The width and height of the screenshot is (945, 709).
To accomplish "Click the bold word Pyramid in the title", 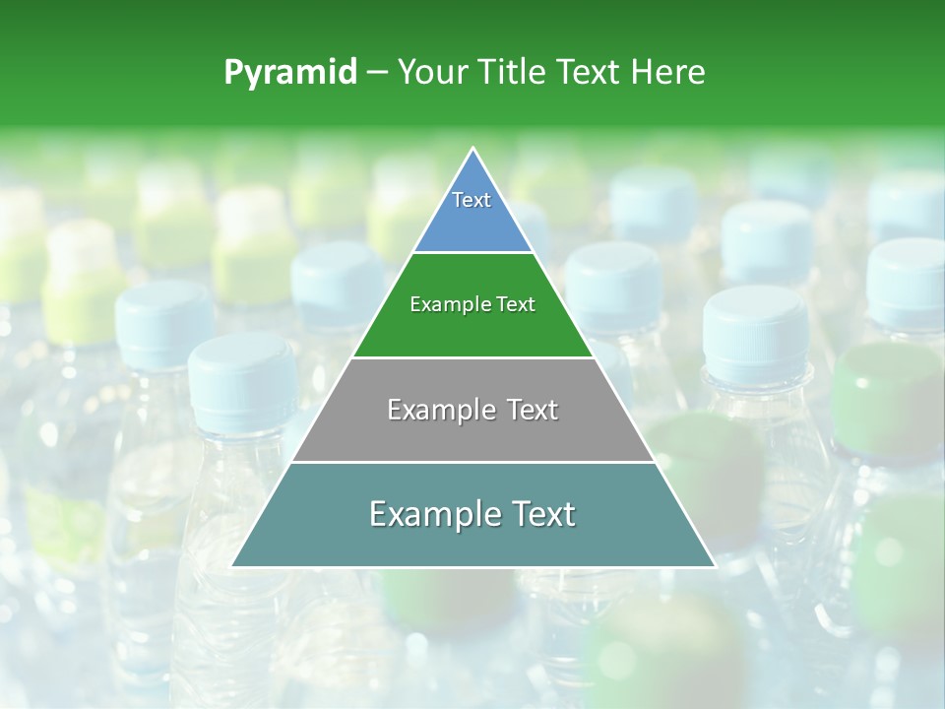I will pos(290,73).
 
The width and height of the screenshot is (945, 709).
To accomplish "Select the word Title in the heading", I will pos(511,73).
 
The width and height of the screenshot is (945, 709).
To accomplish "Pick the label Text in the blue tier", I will pos(472,201).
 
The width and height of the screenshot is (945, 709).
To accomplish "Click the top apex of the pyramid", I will pos(473,149).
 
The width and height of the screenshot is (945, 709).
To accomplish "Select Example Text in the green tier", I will pos(472,305).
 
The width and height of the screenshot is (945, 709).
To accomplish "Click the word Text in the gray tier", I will pos(533,410).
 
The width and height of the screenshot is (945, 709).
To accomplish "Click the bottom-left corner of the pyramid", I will pos(232,565).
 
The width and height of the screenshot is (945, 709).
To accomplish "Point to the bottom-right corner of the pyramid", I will pos(715,565).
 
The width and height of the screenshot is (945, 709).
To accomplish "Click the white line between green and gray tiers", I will pos(472,357).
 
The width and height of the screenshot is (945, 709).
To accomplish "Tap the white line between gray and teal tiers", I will pos(472,462).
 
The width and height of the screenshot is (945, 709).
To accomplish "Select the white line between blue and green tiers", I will pos(472,253).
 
